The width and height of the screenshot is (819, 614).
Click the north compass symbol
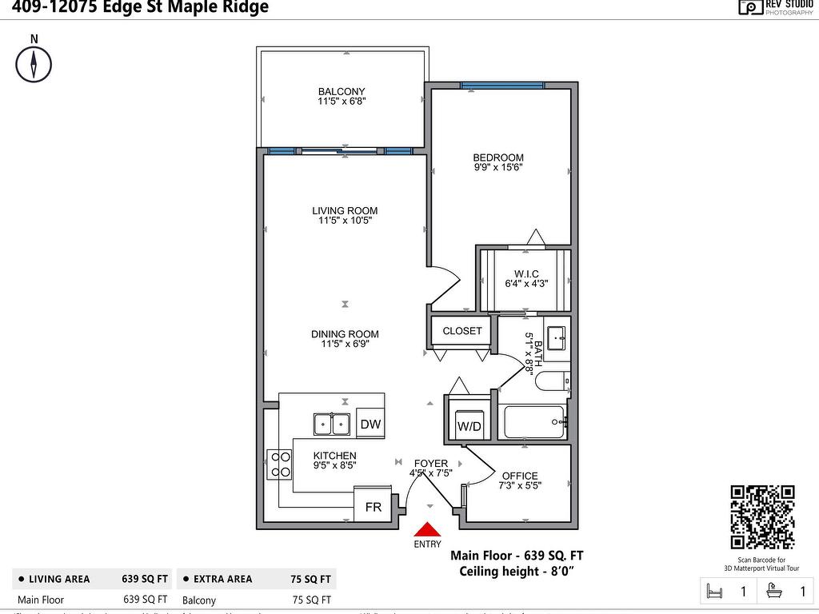point(34,64)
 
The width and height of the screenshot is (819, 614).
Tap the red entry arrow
point(428,529)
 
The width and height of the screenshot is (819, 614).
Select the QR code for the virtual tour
point(762,517)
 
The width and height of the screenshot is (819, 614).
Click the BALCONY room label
point(342,92)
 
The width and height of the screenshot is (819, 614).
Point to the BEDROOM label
point(498,157)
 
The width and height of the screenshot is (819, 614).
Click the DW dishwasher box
point(370,425)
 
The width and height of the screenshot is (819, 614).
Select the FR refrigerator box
point(374,507)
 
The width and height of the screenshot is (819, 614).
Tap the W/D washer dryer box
point(469,426)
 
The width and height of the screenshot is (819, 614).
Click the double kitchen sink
point(331,424)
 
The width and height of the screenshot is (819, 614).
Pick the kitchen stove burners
point(280,464)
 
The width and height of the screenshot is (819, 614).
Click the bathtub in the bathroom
point(534,421)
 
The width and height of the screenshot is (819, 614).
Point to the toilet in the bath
point(552,381)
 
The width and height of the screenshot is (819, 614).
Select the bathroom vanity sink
point(556,337)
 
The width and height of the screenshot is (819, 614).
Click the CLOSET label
point(462,330)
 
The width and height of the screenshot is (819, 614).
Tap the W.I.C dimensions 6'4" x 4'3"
point(526,283)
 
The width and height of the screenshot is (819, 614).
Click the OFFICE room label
point(520,476)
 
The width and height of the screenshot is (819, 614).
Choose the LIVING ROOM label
point(345,211)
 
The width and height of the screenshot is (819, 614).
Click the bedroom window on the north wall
point(502,85)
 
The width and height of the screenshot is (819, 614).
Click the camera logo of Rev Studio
point(750,7)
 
